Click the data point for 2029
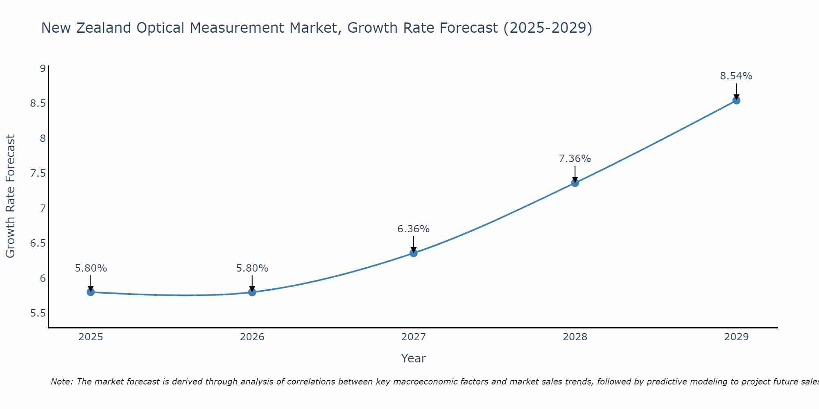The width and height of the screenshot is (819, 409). pos(736,100)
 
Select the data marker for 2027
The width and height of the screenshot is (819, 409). pos(414,253)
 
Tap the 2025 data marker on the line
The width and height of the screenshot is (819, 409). pos(91,292)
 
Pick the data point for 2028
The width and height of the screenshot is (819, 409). pos(575,183)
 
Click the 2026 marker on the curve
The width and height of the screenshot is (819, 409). pos(252,292)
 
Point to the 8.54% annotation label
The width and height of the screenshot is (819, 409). pos(736,76)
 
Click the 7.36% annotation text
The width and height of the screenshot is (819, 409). pos(575,159)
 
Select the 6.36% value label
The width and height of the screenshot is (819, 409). pos(414,229)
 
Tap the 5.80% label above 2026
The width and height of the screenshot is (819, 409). pos(252,268)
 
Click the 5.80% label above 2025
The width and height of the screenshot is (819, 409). pos(91,268)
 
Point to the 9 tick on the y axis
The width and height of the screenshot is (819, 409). pos(43,68)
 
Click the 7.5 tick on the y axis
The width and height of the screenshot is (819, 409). pos(38,173)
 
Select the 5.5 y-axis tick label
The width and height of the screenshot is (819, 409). pos(38,313)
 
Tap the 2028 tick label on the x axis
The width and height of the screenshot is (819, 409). pos(575,337)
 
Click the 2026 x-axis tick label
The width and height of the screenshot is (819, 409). pos(252,337)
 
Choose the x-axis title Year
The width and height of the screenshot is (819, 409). pos(414,358)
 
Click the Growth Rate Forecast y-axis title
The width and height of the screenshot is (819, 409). pos(10,196)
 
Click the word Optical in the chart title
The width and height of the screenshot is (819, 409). pos(160,28)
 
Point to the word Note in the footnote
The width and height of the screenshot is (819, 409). pos(61,382)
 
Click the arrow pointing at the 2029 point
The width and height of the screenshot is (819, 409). pos(736,91)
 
